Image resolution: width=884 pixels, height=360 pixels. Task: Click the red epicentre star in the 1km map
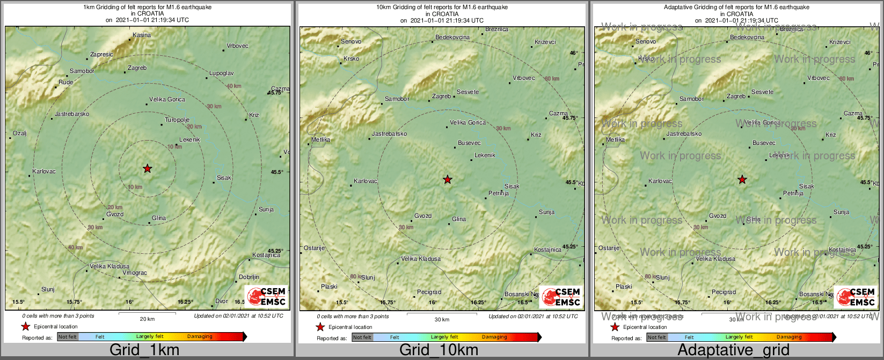tap(148, 168)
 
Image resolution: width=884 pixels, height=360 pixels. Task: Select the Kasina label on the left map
tap(142, 35)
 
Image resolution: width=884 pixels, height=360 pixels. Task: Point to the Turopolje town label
tap(177, 120)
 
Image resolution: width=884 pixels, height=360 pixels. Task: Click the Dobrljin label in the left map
tap(249, 277)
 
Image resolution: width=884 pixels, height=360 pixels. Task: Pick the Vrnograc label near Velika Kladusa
tap(135, 273)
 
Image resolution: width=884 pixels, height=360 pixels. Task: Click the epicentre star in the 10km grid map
tap(448, 179)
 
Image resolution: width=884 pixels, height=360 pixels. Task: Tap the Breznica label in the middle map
tap(496, 30)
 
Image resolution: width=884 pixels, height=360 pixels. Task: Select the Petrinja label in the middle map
tap(499, 193)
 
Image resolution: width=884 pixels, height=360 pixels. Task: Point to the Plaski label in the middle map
tap(329, 286)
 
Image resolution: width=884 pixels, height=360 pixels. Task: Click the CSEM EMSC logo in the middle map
tap(561, 297)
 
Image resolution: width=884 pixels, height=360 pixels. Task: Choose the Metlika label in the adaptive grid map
tap(616, 139)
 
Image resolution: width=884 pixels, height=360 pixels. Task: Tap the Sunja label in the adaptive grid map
tap(841, 212)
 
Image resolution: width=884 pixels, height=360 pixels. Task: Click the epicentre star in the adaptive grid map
tap(742, 179)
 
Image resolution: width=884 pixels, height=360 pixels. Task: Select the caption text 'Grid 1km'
tap(144, 350)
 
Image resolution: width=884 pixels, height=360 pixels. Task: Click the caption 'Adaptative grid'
tap(733, 350)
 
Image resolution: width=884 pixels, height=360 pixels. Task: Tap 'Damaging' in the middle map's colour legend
tap(494, 337)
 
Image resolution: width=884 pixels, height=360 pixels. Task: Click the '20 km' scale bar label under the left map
tap(147, 319)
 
